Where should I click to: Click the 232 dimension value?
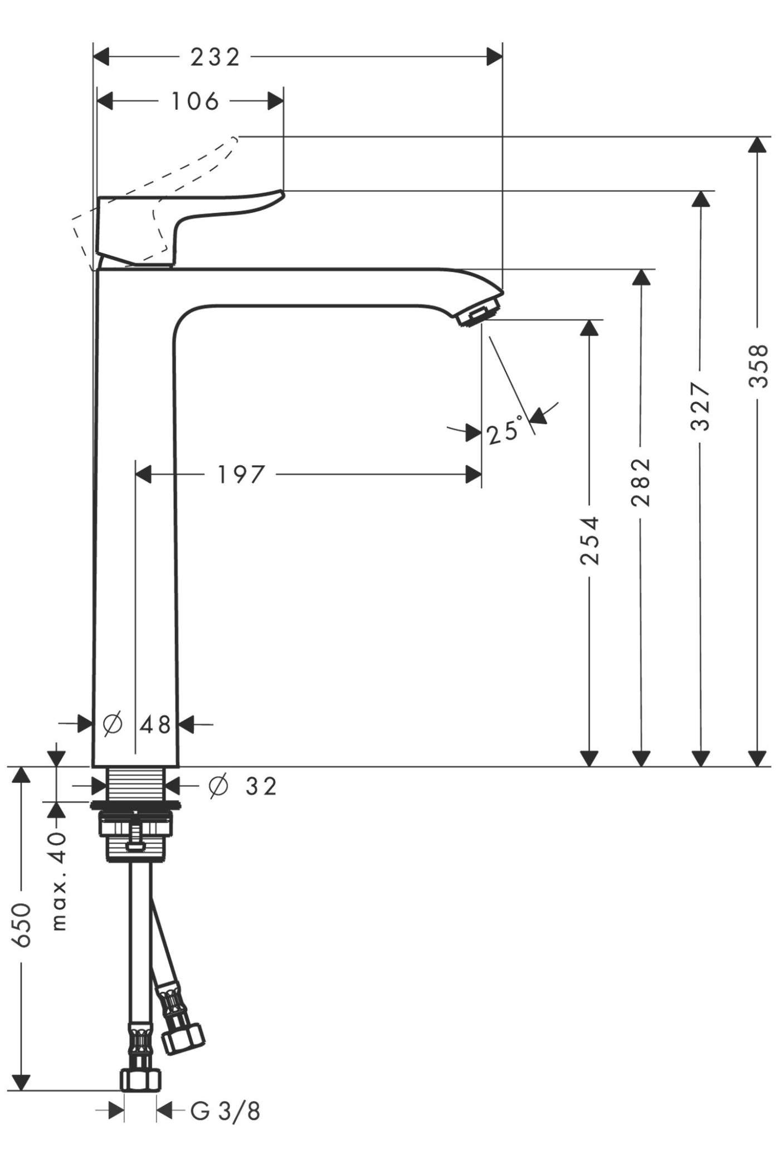click(215, 57)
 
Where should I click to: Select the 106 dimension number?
click(195, 101)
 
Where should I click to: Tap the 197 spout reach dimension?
click(240, 475)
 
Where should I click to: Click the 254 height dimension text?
click(589, 540)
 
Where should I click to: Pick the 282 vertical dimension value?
click(641, 482)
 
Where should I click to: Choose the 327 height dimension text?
click(700, 406)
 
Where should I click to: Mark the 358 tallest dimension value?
click(758, 365)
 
